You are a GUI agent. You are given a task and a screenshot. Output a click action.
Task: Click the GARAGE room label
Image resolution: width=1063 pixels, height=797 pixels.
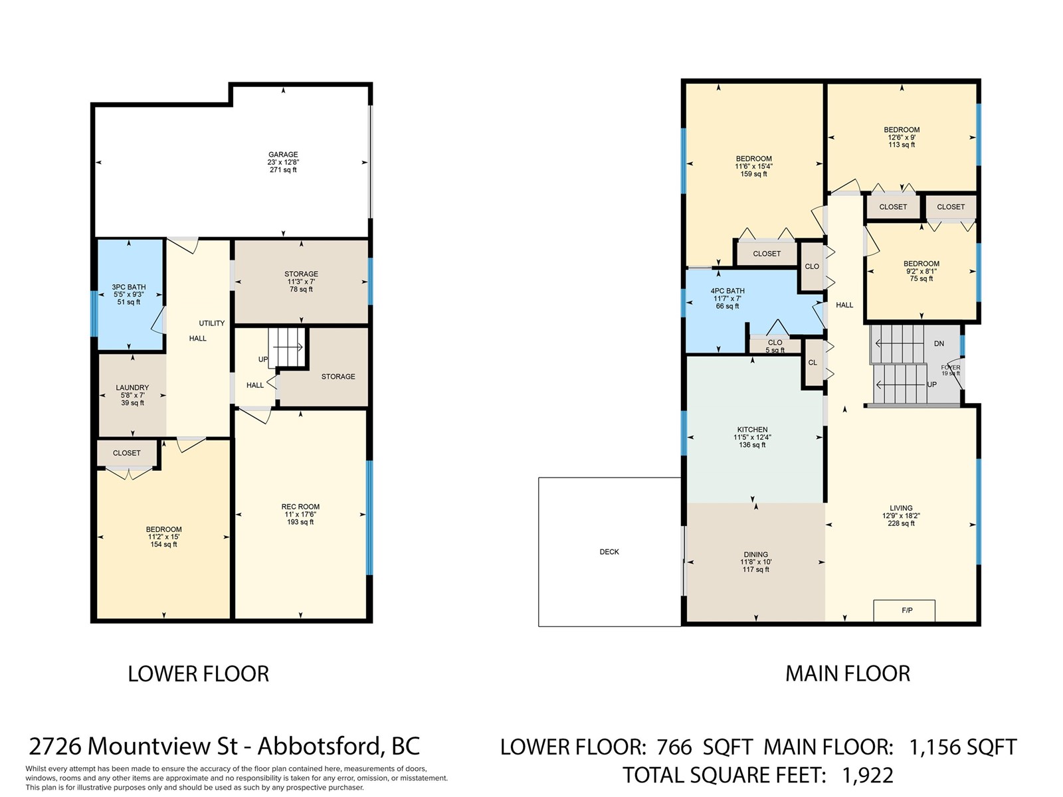pos(283,155)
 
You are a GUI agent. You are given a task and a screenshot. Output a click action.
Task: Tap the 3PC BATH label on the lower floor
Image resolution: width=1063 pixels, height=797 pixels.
pos(129,287)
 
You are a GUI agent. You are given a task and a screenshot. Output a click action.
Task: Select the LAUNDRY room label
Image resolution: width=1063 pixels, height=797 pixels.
pos(132,388)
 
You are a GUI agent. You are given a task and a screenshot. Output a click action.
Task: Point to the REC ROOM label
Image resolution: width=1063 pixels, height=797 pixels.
pos(300,507)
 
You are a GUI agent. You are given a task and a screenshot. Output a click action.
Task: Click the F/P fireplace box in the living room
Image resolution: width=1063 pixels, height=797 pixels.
pos(904,610)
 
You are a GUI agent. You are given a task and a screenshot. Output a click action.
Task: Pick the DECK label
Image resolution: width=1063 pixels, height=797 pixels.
pos(609,552)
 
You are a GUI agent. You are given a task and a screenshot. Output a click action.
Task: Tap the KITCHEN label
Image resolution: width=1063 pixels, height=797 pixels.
pos(752,430)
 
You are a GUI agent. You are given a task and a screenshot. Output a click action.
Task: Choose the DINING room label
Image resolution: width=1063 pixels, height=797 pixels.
pos(755,555)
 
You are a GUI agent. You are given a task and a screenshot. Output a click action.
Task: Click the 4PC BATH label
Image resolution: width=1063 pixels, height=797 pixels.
pos(727,291)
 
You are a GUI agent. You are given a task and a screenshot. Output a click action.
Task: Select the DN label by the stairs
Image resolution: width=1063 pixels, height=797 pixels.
pos(939,343)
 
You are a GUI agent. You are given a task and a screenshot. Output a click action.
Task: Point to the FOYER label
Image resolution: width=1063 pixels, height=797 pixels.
pos(951,368)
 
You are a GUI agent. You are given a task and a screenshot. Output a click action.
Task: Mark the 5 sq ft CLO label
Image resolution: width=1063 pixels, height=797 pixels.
pos(775,343)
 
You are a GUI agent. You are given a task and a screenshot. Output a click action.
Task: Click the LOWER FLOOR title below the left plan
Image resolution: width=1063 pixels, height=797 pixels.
pos(198,674)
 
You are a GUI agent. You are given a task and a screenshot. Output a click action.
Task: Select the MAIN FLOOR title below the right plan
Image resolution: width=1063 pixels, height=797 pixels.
pos(848,673)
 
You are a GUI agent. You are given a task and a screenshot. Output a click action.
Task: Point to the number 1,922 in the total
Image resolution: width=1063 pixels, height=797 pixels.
pos(868,775)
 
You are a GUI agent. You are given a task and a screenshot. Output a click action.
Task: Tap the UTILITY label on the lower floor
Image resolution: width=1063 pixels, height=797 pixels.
pos(212,323)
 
